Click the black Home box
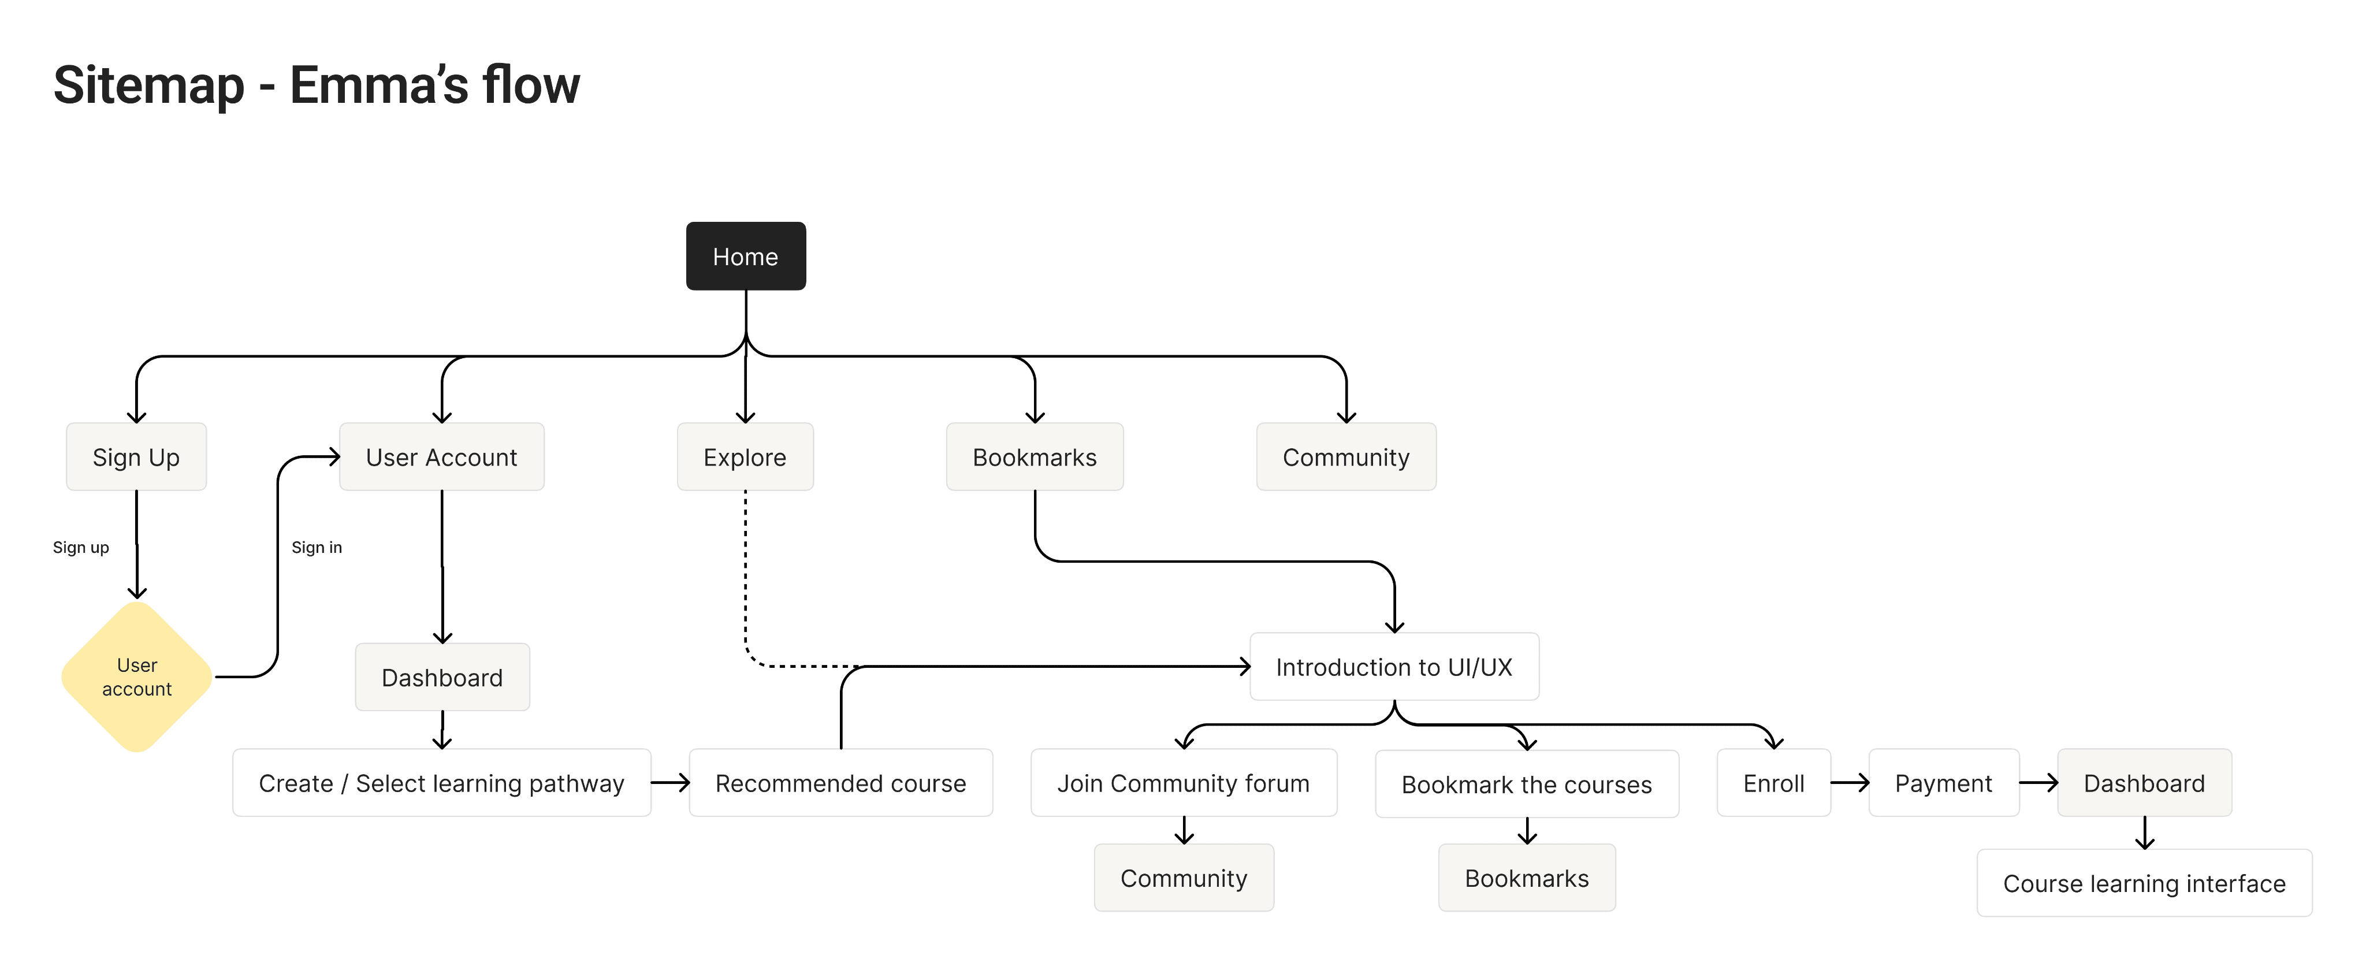tap(745, 257)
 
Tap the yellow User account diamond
tap(137, 677)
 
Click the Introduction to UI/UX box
tap(1393, 667)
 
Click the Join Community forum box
tap(1183, 783)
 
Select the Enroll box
tap(1773, 783)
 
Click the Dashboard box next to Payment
tap(2143, 783)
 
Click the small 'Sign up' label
tap(81, 548)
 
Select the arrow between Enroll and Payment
tap(1849, 783)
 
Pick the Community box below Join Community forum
tap(1183, 878)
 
